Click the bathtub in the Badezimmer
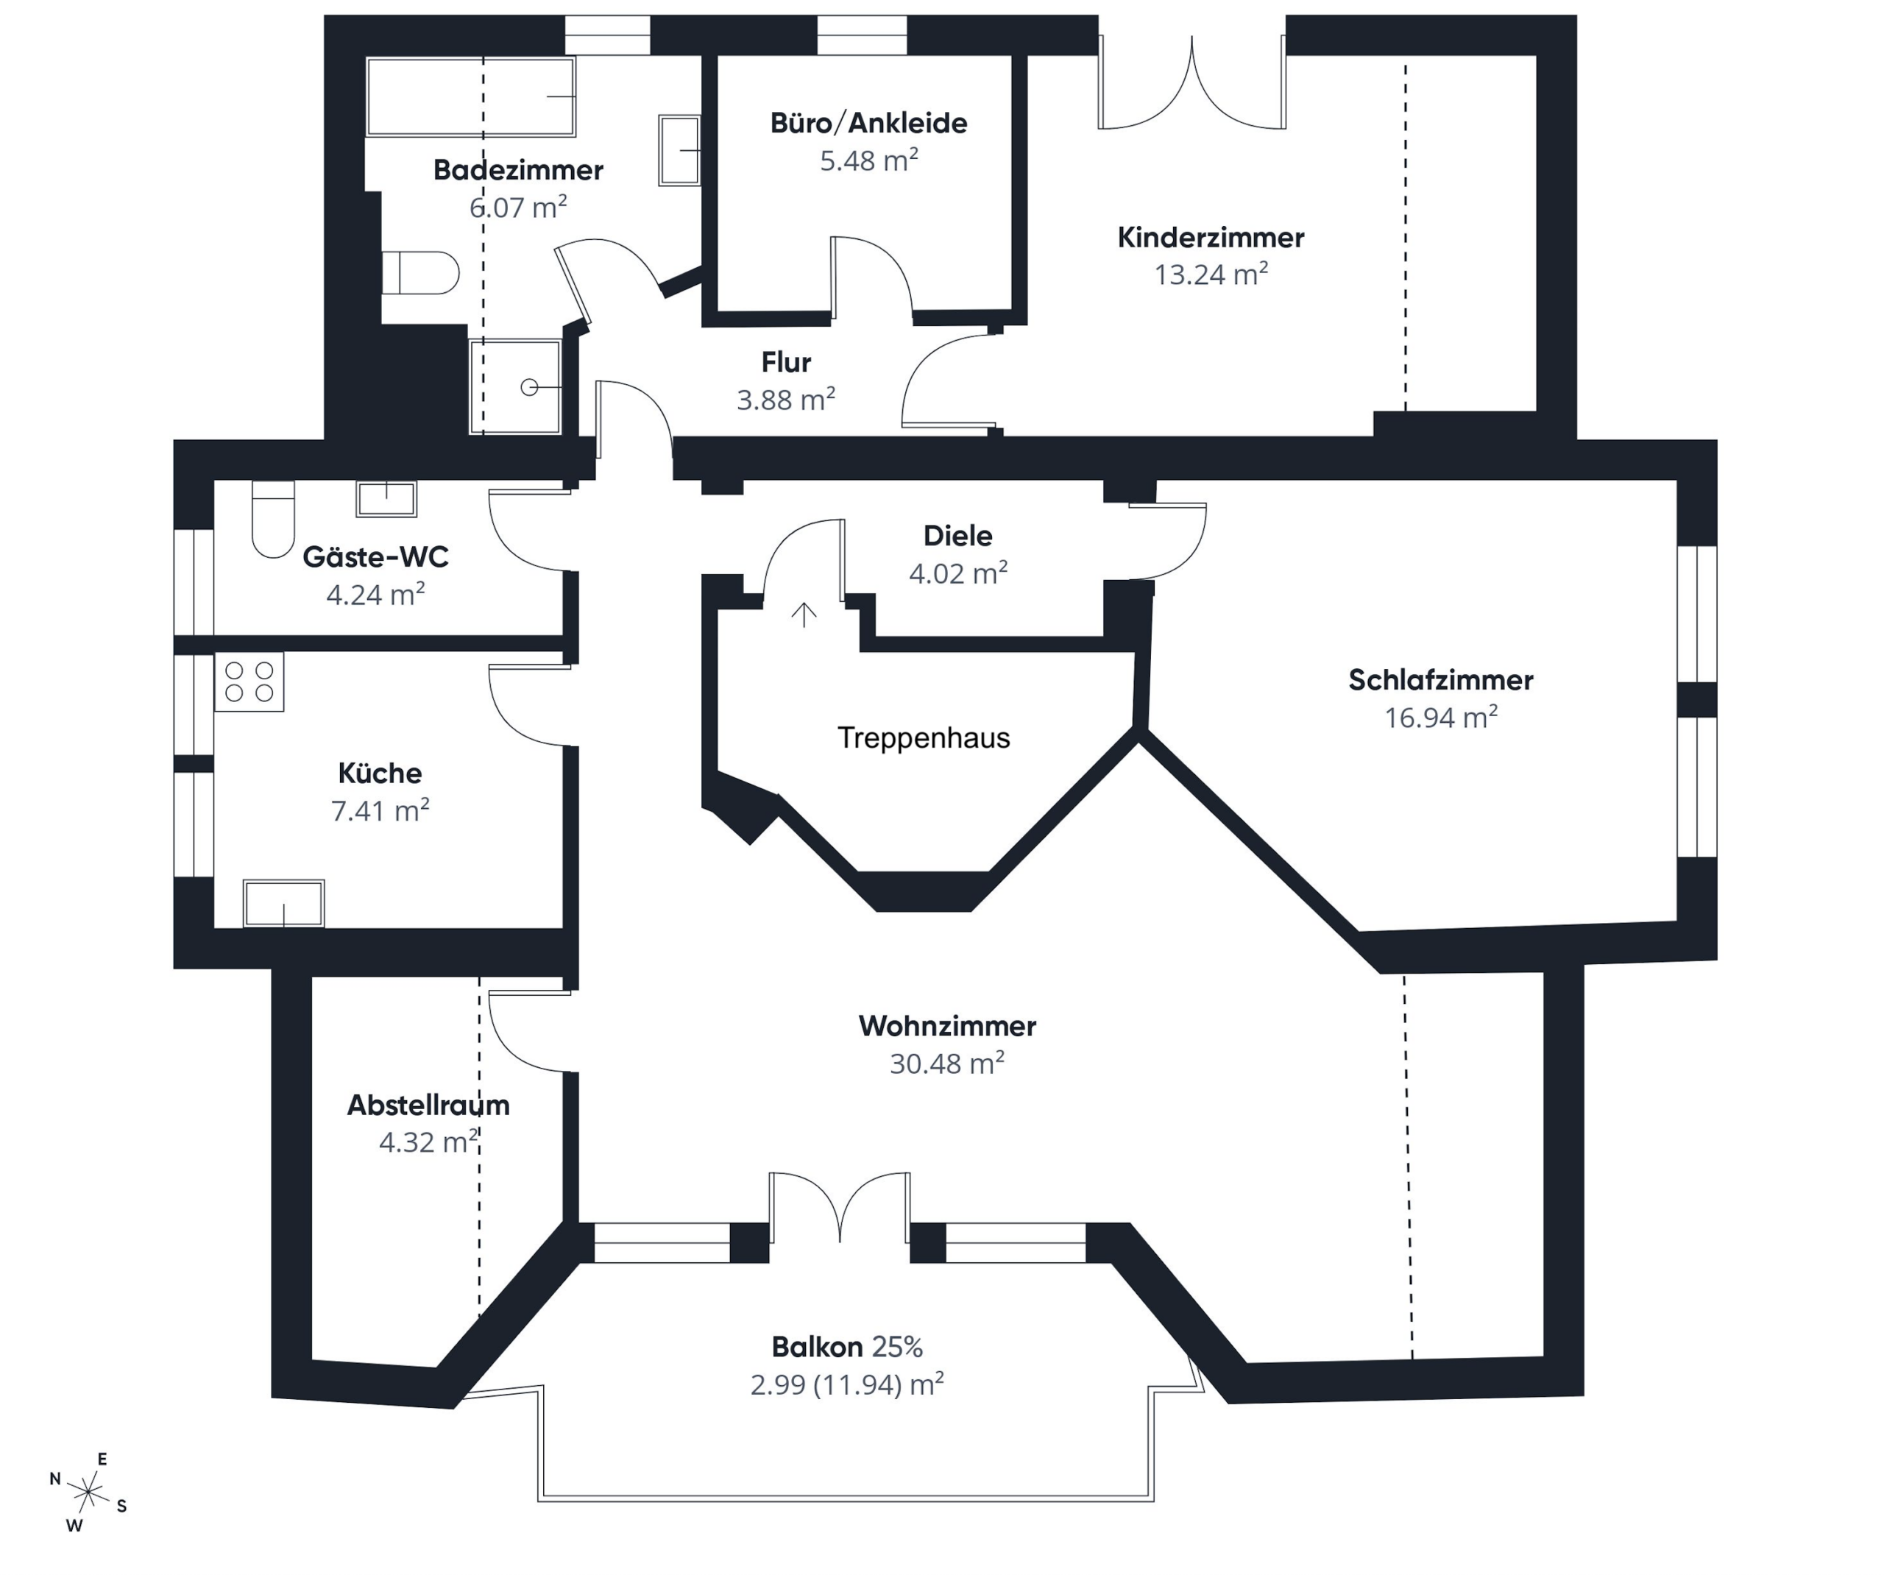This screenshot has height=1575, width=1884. tap(470, 97)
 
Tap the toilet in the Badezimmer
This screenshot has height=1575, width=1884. tap(420, 273)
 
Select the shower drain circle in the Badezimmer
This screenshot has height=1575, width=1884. tap(529, 387)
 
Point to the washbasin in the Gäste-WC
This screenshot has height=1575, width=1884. tap(386, 498)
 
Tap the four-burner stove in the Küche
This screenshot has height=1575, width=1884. tap(249, 682)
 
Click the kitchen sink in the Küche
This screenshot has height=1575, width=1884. tap(283, 903)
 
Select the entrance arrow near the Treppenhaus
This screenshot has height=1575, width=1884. tap(804, 614)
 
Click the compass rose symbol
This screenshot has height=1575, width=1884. tap(88, 1493)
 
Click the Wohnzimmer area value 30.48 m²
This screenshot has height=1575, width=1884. tap(946, 1063)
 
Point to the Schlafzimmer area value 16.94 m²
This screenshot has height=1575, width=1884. tap(1441, 717)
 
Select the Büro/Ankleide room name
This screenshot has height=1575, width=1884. tap(868, 123)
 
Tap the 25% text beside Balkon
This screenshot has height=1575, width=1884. tap(897, 1346)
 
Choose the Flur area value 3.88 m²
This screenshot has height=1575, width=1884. tap(786, 400)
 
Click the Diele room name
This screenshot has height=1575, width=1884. tap(958, 536)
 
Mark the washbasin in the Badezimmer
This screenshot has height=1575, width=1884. tap(679, 150)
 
